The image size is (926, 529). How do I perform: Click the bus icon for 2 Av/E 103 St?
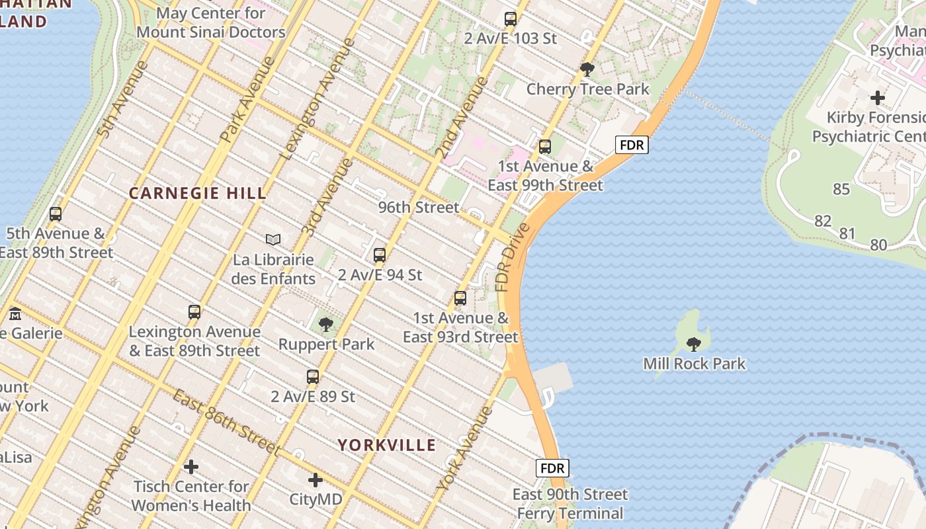tap(510, 19)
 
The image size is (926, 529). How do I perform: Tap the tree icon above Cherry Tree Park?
tap(587, 69)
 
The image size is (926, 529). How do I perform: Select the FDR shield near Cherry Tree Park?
tap(632, 145)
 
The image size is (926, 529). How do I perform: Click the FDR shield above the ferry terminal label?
tap(552, 468)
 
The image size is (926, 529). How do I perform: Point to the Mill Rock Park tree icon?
tap(693, 344)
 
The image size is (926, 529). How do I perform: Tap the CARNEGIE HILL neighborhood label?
tap(198, 193)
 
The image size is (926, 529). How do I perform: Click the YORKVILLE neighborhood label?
tap(387, 445)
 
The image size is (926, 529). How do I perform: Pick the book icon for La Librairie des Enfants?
tap(273, 239)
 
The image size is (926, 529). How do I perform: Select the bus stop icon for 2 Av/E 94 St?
tap(380, 255)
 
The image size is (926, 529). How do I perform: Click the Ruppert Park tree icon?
tap(325, 324)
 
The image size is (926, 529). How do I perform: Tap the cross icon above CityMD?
tap(316, 479)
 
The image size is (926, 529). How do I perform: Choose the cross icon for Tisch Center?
tap(191, 468)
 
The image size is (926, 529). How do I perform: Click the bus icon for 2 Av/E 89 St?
tap(313, 377)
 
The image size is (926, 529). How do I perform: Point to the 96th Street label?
tap(419, 207)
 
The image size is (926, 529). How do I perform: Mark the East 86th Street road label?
tap(227, 421)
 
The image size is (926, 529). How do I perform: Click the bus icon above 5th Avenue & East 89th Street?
tap(56, 214)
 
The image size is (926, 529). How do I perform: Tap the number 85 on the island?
tap(841, 189)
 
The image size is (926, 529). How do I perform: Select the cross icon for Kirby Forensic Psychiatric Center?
tap(877, 98)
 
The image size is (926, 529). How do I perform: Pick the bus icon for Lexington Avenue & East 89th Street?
tap(194, 311)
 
